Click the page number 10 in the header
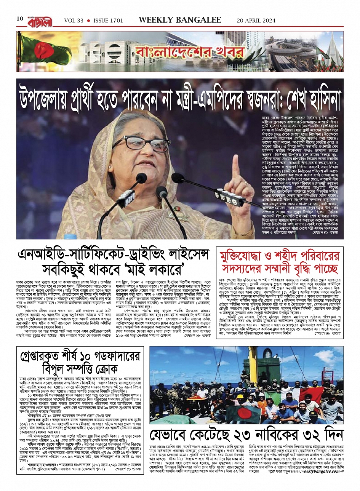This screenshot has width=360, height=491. point(20,19)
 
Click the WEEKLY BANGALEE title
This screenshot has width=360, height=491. point(180,20)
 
